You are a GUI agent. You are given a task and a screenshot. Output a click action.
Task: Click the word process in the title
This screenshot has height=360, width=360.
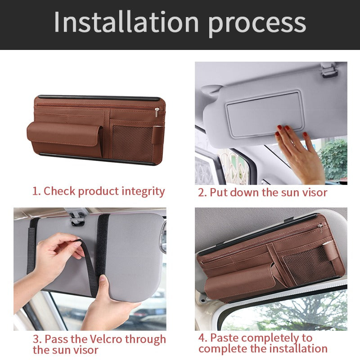(x=257, y=23)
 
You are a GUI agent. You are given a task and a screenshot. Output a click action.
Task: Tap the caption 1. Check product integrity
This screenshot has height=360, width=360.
(x=99, y=191)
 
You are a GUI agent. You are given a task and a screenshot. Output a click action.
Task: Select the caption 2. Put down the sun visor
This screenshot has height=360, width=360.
(x=262, y=193)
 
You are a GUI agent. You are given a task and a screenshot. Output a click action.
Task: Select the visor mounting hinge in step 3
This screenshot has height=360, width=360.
(x=77, y=216)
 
